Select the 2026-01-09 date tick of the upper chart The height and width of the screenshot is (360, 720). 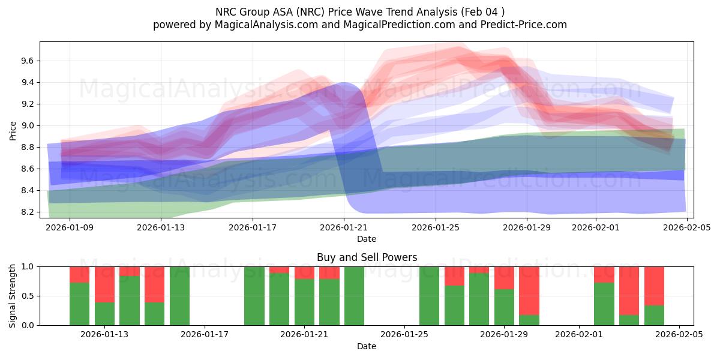pyautogui.click(x=70, y=227)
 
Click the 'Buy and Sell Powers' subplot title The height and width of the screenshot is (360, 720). pyautogui.click(x=367, y=257)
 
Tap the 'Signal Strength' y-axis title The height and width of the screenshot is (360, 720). pyautogui.click(x=13, y=296)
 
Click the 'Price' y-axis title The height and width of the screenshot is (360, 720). pyautogui.click(x=13, y=130)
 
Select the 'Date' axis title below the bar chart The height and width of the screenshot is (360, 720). pyautogui.click(x=367, y=346)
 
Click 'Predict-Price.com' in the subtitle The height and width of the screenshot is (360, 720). pyautogui.click(x=521, y=25)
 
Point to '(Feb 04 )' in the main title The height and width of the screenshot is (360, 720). pyautogui.click(x=483, y=11)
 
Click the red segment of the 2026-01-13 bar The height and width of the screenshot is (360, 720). pyautogui.click(x=104, y=284)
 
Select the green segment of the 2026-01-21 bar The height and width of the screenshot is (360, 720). pyautogui.click(x=304, y=302)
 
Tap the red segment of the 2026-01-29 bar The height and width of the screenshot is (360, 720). pyautogui.click(x=504, y=278)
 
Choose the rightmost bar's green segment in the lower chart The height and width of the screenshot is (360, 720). pyautogui.click(x=654, y=315)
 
